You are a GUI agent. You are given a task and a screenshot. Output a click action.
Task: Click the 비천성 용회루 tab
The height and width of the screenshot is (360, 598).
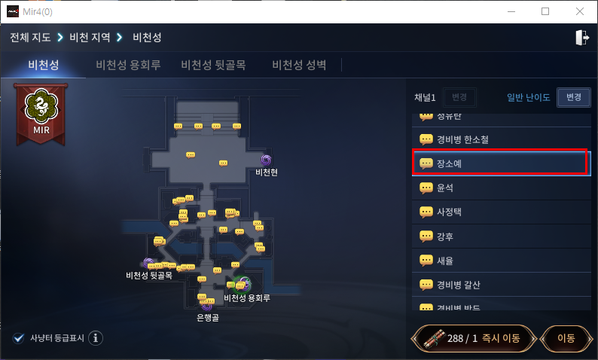click(x=128, y=65)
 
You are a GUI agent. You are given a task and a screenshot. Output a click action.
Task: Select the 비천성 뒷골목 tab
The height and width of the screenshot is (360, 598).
click(x=213, y=65)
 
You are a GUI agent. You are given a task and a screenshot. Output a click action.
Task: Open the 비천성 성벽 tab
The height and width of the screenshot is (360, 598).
click(x=299, y=65)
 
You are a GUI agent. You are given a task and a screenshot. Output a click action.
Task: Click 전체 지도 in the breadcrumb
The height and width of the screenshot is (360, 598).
click(x=29, y=37)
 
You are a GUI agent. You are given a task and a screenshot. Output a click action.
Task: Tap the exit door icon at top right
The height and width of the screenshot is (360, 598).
click(x=581, y=38)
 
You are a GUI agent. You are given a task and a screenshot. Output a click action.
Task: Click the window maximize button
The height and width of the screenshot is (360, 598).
click(x=545, y=11)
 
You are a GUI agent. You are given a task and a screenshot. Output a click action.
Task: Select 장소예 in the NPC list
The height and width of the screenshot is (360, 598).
click(x=499, y=163)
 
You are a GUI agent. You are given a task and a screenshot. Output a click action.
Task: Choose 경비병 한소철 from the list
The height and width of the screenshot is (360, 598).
click(x=499, y=139)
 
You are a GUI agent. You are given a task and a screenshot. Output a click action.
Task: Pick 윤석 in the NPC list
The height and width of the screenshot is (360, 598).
click(x=499, y=187)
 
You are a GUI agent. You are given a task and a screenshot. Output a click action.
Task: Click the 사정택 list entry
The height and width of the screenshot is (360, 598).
click(x=499, y=212)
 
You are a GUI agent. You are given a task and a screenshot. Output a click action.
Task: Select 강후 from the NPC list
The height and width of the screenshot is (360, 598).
click(x=499, y=236)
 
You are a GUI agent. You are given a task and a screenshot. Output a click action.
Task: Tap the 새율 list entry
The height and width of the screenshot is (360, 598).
click(x=499, y=261)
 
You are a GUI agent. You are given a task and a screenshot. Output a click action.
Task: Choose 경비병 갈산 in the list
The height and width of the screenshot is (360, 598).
click(x=499, y=285)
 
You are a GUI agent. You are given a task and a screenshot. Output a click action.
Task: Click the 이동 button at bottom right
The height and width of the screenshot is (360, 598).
click(x=566, y=338)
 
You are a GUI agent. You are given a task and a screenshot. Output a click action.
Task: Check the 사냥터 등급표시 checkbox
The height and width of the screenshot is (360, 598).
click(x=19, y=337)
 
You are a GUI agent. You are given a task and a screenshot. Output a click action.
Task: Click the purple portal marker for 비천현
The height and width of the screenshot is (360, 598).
click(x=266, y=160)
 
